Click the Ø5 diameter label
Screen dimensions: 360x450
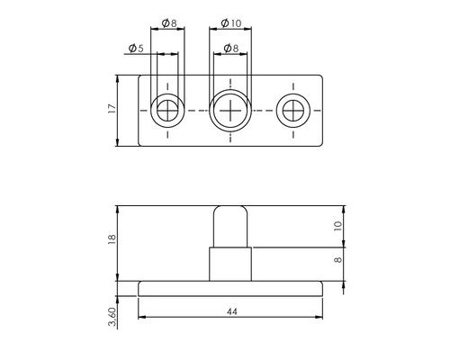[135, 48]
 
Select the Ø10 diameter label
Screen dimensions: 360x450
[230, 22]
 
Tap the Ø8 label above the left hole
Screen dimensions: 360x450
[168, 22]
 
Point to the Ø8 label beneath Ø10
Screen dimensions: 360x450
[230, 48]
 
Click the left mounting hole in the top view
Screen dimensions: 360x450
[167, 110]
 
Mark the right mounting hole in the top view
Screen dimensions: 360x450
[293, 110]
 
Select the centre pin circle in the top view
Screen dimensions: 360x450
[230, 110]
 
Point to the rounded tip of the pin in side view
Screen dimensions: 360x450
[230, 216]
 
